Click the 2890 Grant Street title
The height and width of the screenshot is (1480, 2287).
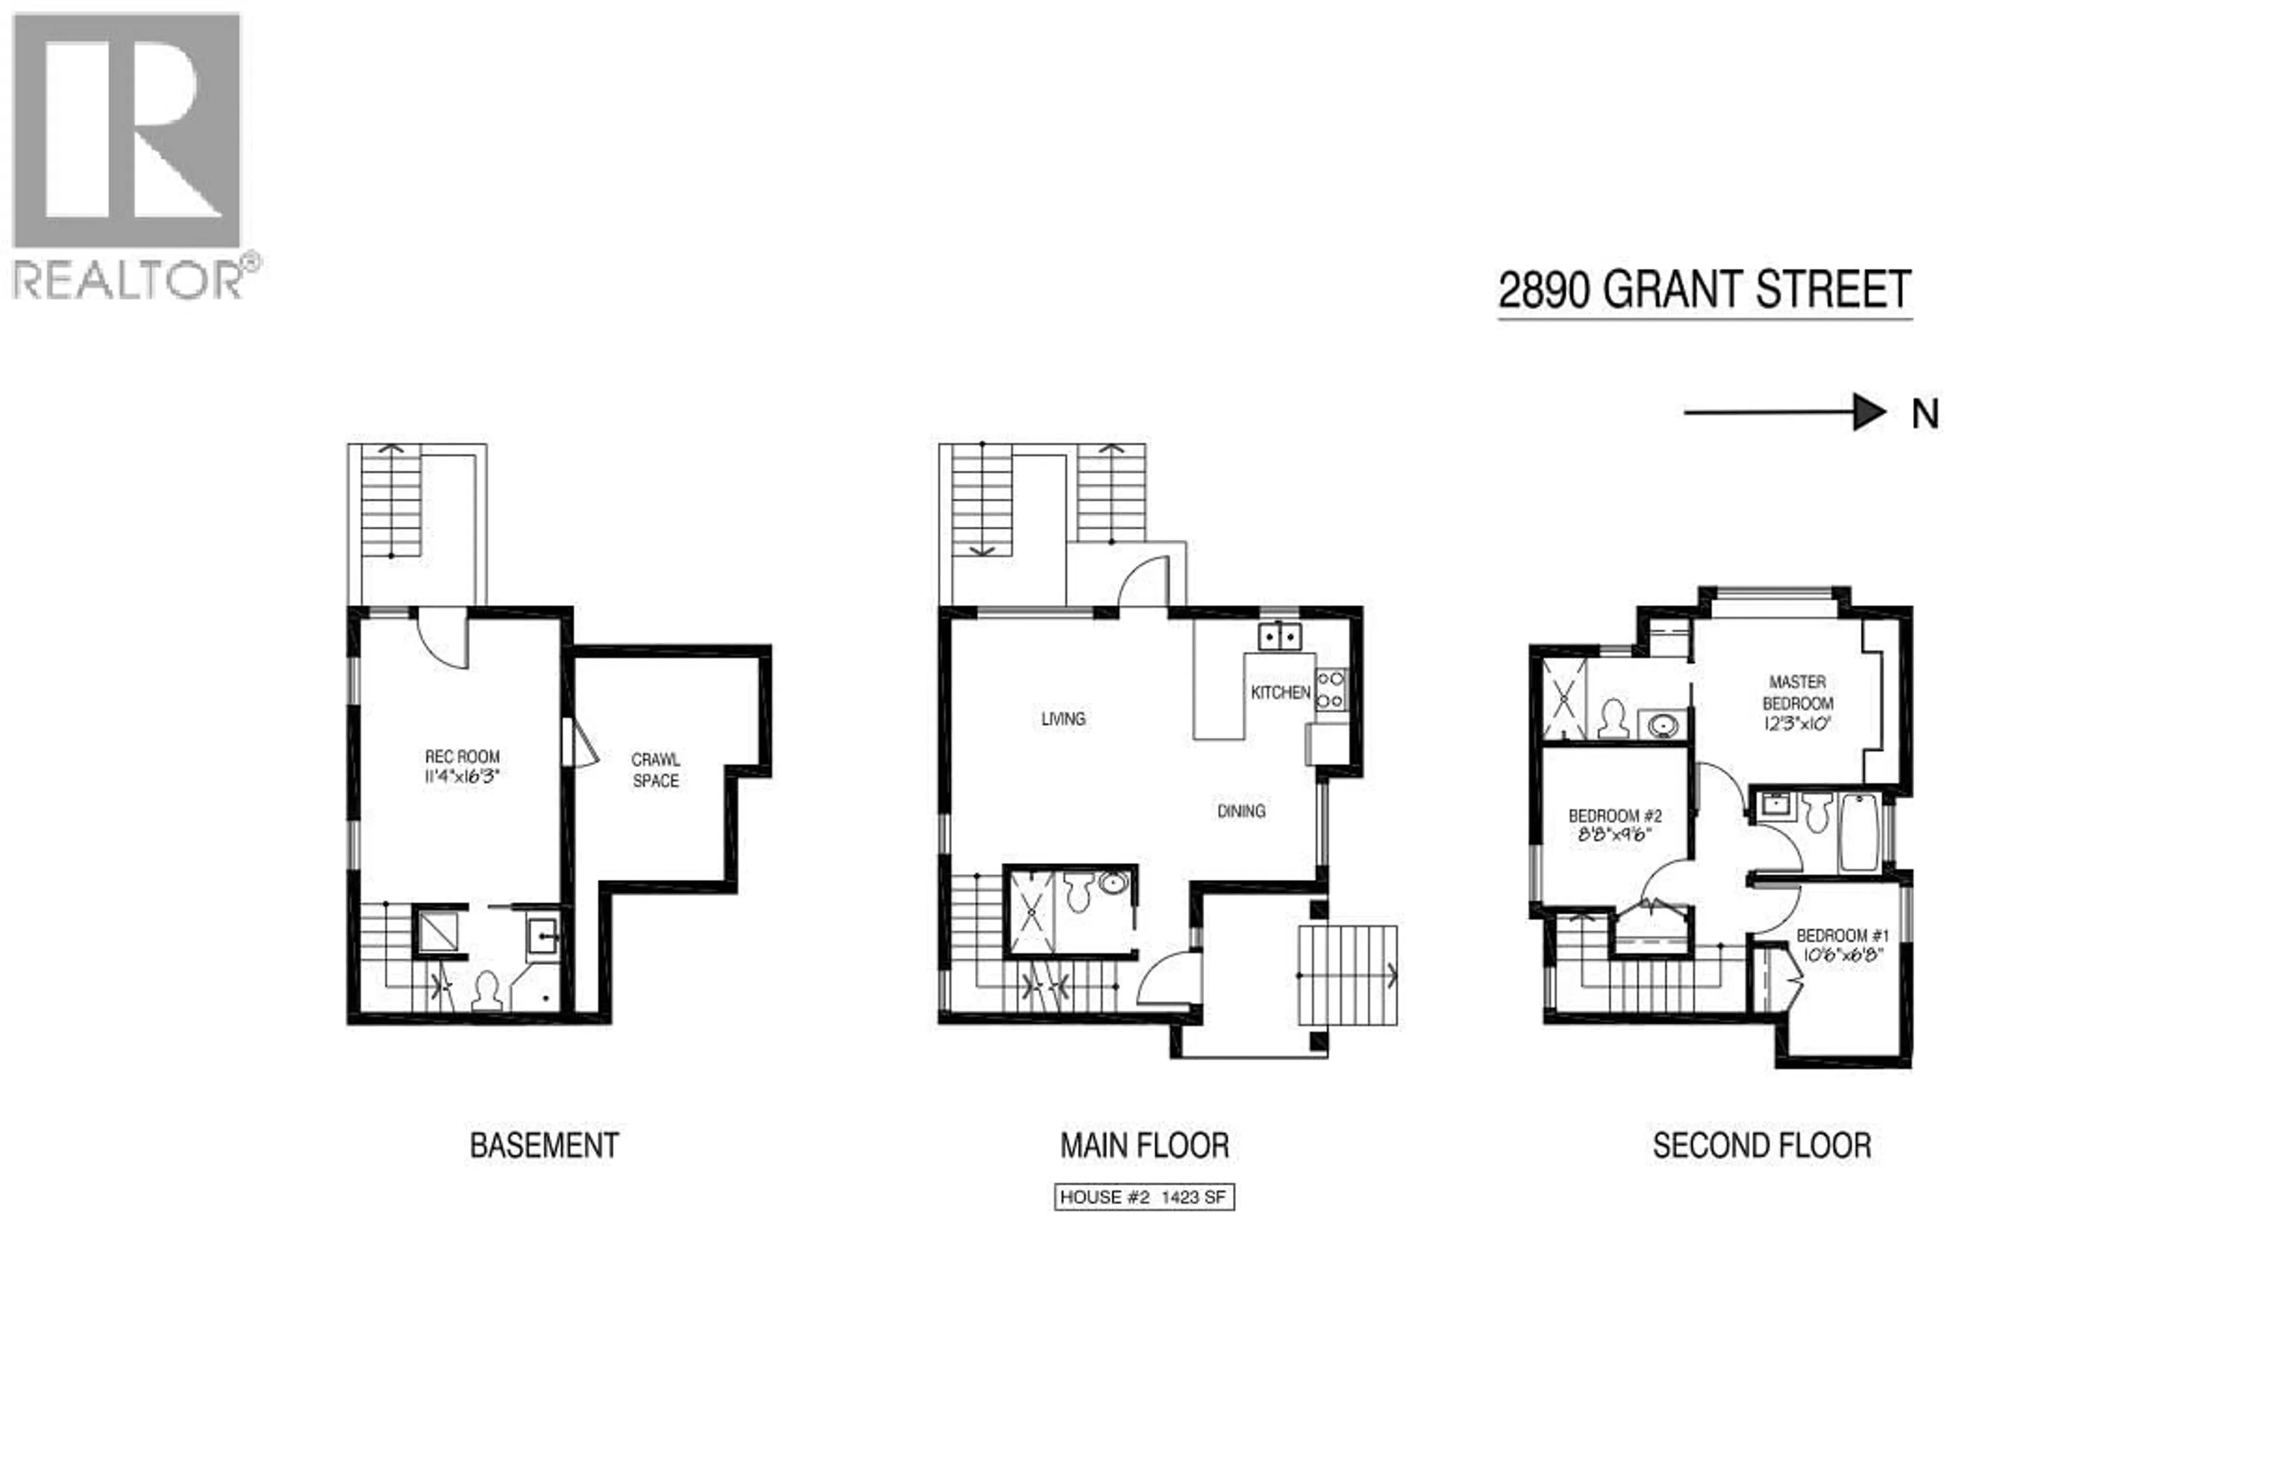[1704, 290]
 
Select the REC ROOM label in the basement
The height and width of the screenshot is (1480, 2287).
[462, 758]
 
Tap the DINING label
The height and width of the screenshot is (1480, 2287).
[1241, 811]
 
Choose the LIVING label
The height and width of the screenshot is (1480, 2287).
[1063, 719]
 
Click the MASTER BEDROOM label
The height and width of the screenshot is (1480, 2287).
[1797, 693]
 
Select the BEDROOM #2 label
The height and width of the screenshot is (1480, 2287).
[1615, 816]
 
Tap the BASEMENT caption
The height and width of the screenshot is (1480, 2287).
[544, 1145]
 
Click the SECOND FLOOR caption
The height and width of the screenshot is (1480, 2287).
[1761, 1145]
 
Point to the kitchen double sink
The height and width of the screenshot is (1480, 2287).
[1280, 636]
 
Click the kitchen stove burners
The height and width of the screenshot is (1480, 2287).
[1330, 690]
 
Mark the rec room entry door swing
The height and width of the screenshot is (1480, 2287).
[442, 639]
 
